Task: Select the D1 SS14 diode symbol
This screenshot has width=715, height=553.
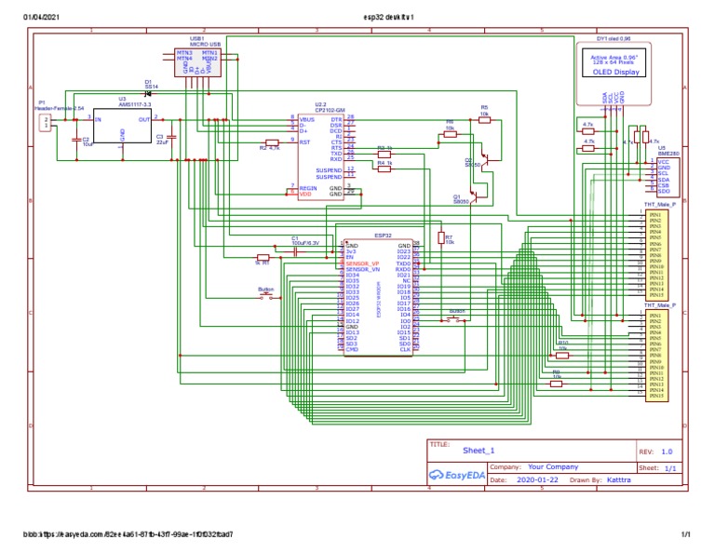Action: [x=150, y=93]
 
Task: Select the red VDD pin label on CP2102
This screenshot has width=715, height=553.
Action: [x=306, y=194]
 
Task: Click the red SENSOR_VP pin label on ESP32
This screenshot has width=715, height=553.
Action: [x=362, y=264]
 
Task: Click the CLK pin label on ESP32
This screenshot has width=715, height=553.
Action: [x=405, y=349]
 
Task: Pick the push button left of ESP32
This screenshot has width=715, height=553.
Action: [x=267, y=297]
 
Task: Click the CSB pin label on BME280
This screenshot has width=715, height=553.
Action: [x=664, y=185]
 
